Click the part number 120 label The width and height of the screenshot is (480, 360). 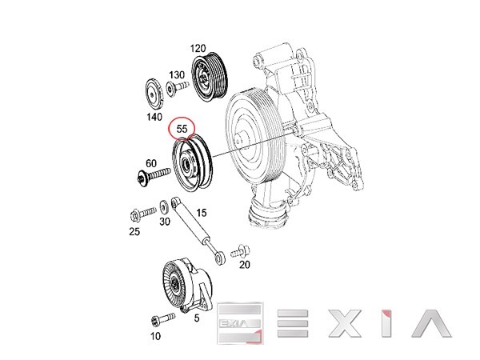tap(198, 48)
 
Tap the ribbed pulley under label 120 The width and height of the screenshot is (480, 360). tap(210, 78)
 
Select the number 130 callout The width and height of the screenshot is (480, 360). tap(177, 75)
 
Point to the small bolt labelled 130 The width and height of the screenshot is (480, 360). tap(178, 87)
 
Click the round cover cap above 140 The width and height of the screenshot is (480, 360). tap(154, 94)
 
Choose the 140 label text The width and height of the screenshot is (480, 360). tap(154, 117)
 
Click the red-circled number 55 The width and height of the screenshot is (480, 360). tap(182, 129)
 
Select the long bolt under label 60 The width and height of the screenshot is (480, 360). tap(154, 176)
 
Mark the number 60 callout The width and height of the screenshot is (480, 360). tap(151, 164)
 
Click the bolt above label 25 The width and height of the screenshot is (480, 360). tap(143, 214)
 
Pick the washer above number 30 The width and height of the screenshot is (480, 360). tap(164, 207)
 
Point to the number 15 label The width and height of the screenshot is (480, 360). tap(202, 213)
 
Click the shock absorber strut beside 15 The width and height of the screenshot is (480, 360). tap(198, 230)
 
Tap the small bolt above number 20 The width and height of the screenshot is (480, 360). tap(241, 251)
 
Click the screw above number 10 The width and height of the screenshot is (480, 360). tap(163, 319)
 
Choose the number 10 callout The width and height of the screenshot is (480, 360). tap(155, 336)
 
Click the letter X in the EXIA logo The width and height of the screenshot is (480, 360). tap(344, 323)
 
